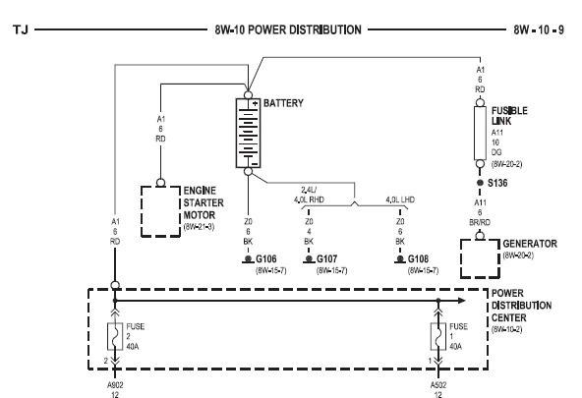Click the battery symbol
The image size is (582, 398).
click(x=249, y=133)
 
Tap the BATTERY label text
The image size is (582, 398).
click(x=283, y=103)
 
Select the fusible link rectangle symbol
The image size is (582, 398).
click(x=480, y=134)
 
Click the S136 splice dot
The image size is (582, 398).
click(x=480, y=183)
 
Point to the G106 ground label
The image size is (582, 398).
click(x=266, y=258)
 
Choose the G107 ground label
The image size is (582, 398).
click(x=326, y=258)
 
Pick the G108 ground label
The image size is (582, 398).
click(x=418, y=258)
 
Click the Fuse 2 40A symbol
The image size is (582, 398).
click(x=115, y=336)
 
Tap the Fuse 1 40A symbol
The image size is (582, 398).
click(x=438, y=336)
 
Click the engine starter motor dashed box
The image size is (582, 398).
click(x=142, y=211)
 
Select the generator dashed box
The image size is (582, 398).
click(x=461, y=258)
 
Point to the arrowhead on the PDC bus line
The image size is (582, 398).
click(x=462, y=301)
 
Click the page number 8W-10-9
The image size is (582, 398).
click(x=539, y=29)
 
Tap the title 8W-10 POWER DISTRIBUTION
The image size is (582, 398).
click(x=288, y=29)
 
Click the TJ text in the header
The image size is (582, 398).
click(x=21, y=29)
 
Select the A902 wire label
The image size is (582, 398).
click(x=115, y=385)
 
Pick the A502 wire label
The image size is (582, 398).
click(x=438, y=385)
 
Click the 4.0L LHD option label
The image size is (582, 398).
click(x=400, y=199)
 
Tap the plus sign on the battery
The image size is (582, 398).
click(x=255, y=104)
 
